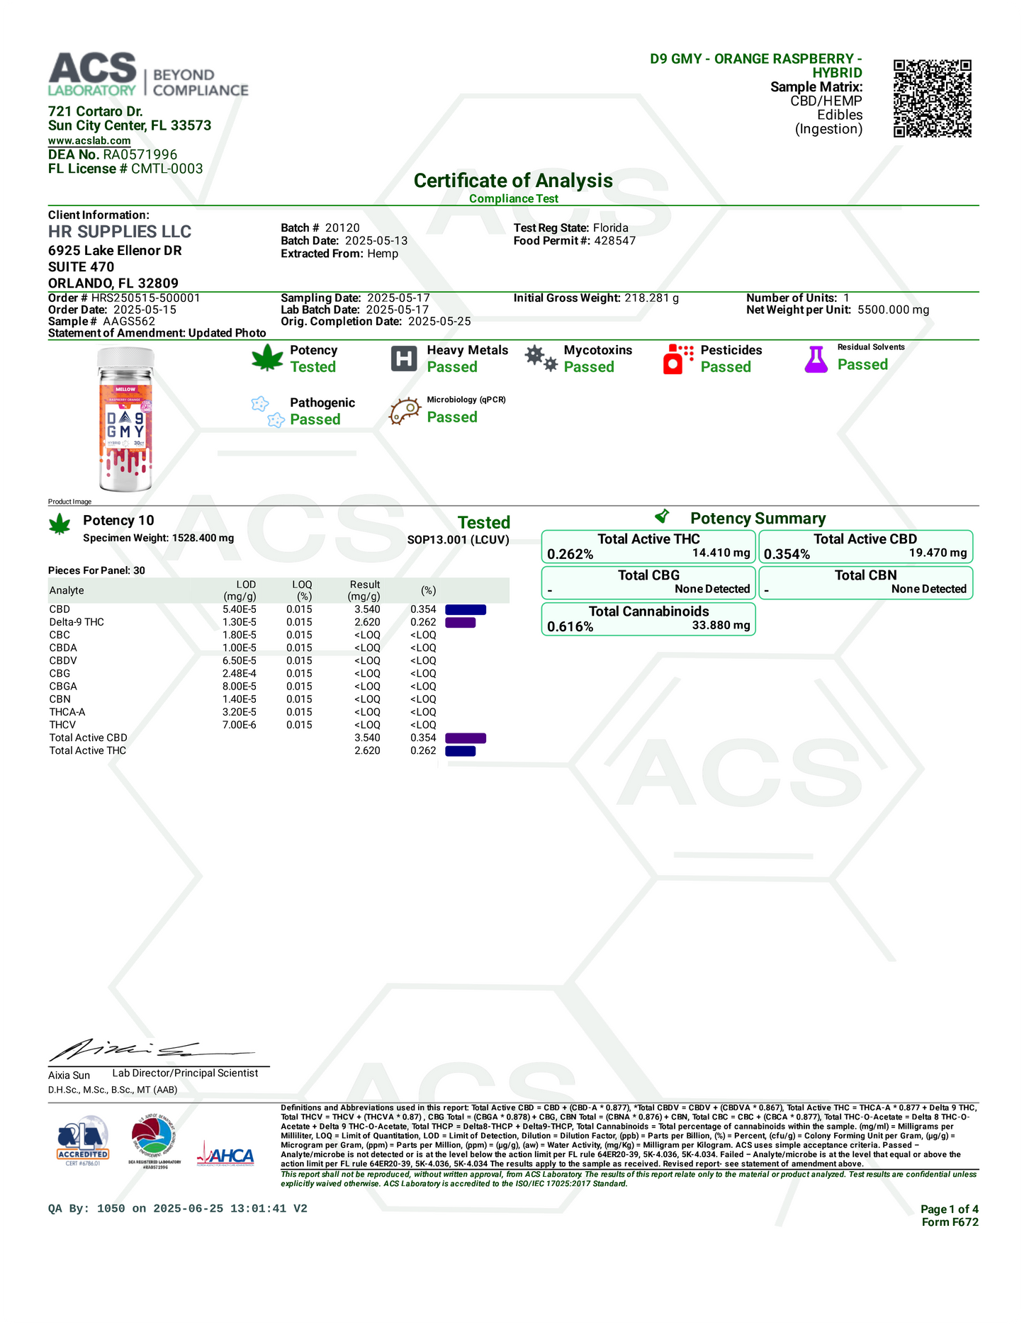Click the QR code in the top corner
932,98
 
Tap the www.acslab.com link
89,140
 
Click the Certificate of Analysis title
513,181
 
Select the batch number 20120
342,227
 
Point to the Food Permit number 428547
614,240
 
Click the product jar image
125,419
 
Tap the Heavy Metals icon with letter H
403,359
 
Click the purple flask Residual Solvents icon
816,359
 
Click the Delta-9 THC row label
77,622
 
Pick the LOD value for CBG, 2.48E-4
240,673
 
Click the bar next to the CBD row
466,609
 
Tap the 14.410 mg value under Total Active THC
721,553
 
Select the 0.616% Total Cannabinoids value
570,626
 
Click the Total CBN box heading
865,575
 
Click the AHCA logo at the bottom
229,1156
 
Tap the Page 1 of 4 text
949,1209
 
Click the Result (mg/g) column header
365,590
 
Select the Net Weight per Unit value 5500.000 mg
893,310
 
